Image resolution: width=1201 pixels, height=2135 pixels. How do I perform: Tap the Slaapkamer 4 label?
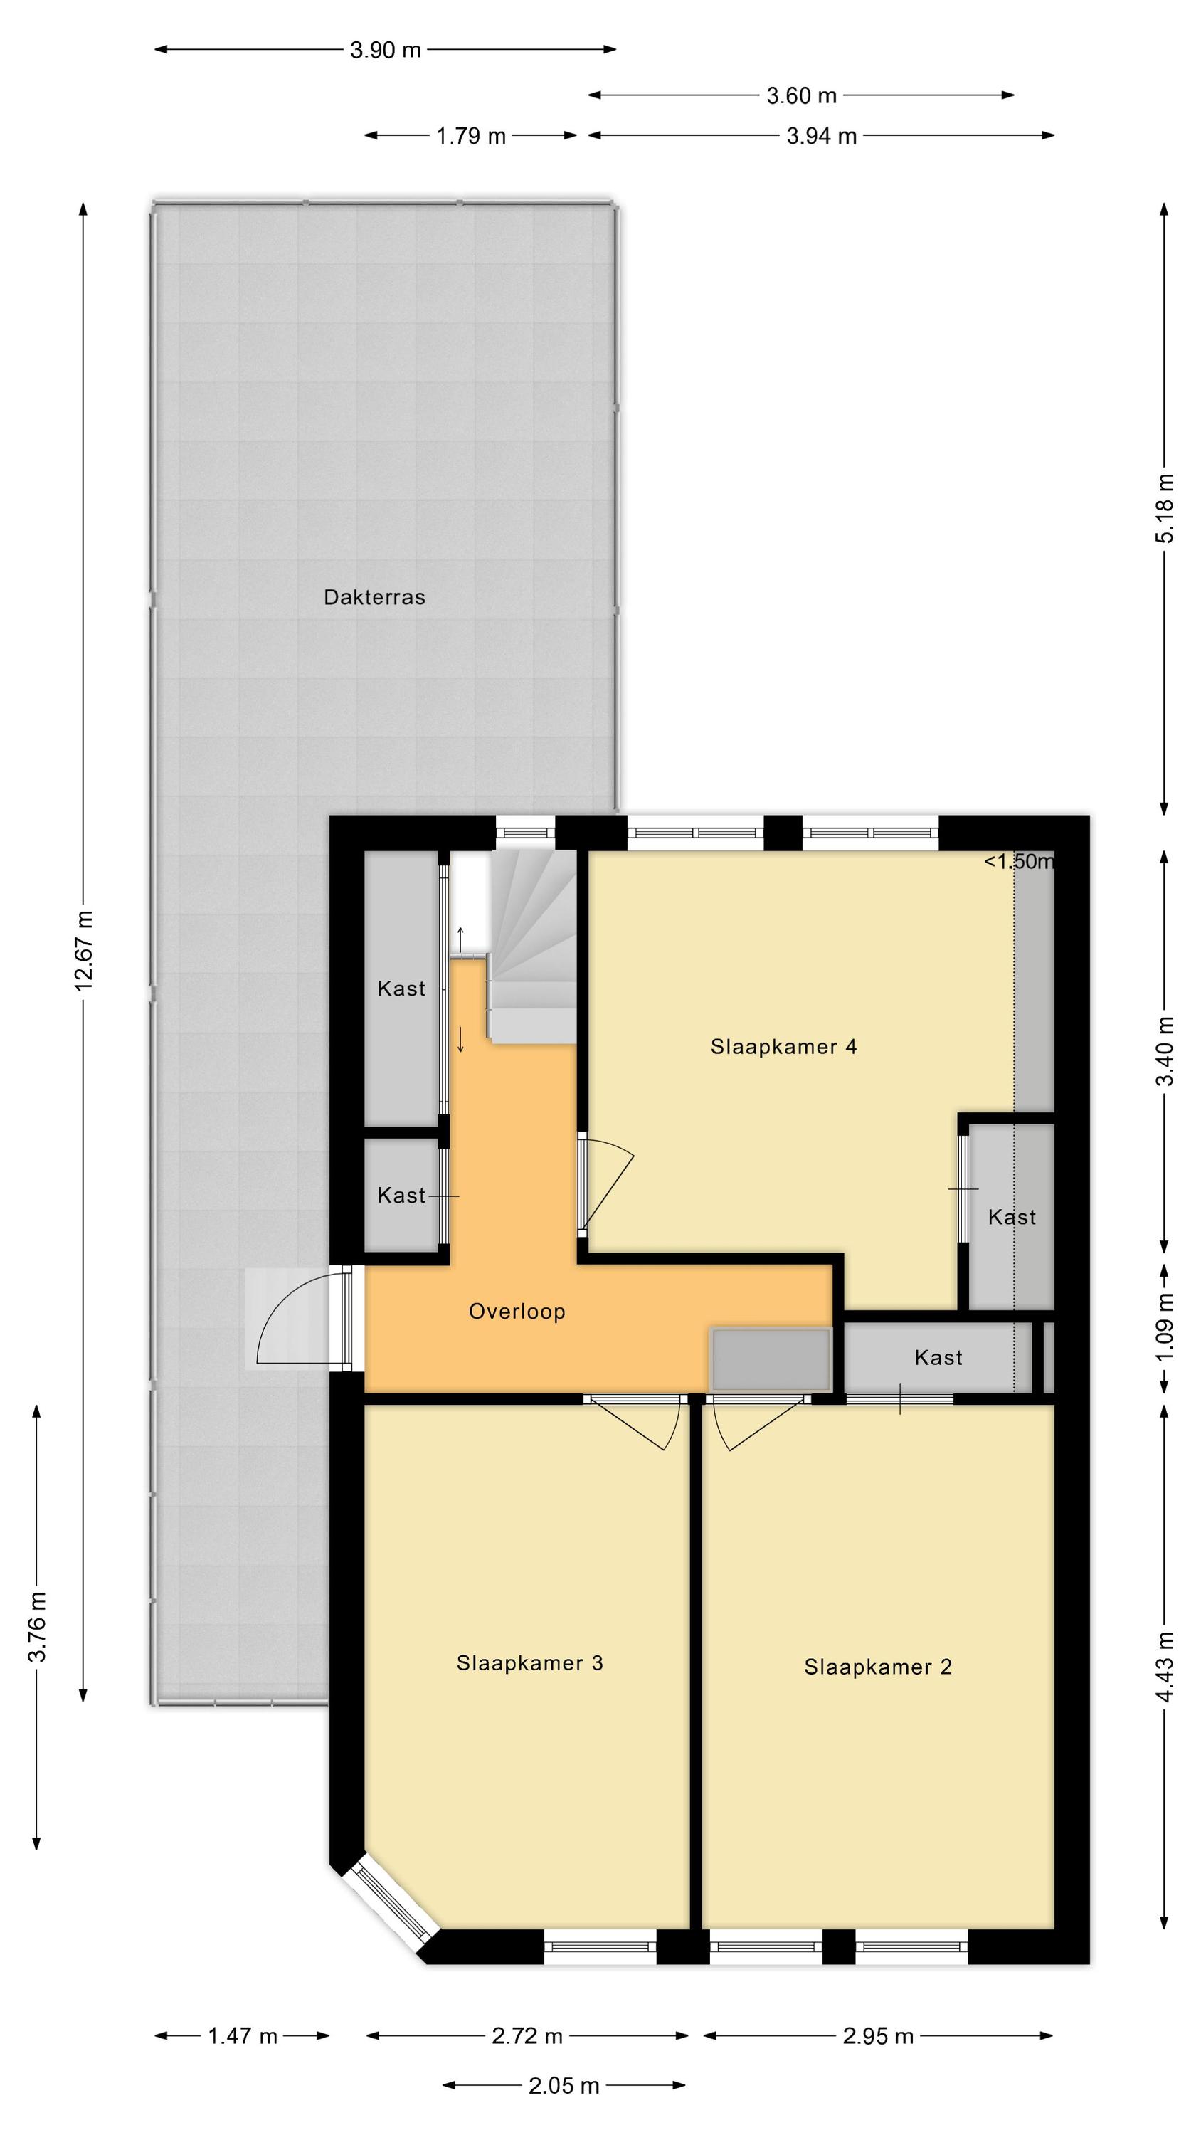click(x=783, y=1047)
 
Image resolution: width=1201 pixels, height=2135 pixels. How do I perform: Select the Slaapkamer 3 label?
click(x=529, y=1662)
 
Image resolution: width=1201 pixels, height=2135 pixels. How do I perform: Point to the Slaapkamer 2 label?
click(x=878, y=1667)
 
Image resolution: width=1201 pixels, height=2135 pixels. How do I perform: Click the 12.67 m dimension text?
click(x=84, y=951)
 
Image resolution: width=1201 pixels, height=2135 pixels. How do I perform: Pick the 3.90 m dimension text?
click(x=386, y=50)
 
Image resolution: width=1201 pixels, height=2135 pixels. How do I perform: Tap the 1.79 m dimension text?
click(x=471, y=136)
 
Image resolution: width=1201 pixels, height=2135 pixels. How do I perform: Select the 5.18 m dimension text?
click(x=1165, y=507)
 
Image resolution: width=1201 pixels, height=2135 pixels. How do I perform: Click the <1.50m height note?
click(x=1019, y=861)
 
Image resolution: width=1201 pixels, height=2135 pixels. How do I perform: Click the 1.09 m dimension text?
click(x=1165, y=1327)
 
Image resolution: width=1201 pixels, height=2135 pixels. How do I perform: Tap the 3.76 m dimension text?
click(x=37, y=1627)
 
